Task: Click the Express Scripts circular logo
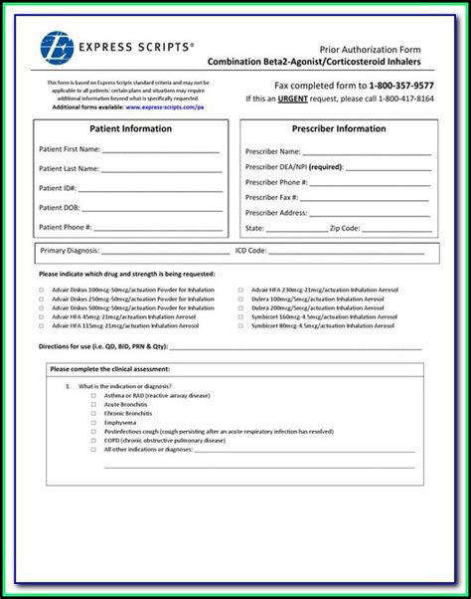(x=57, y=48)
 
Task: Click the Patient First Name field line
(x=158, y=150)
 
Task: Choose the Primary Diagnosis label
(x=67, y=252)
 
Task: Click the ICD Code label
(x=250, y=252)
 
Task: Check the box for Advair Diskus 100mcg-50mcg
(x=42, y=289)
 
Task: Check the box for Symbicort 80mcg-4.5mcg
(x=240, y=325)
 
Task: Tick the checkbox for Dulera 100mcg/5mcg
(x=240, y=298)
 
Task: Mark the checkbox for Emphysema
(x=93, y=422)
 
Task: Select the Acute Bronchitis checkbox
(x=93, y=404)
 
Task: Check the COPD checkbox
(x=93, y=440)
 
